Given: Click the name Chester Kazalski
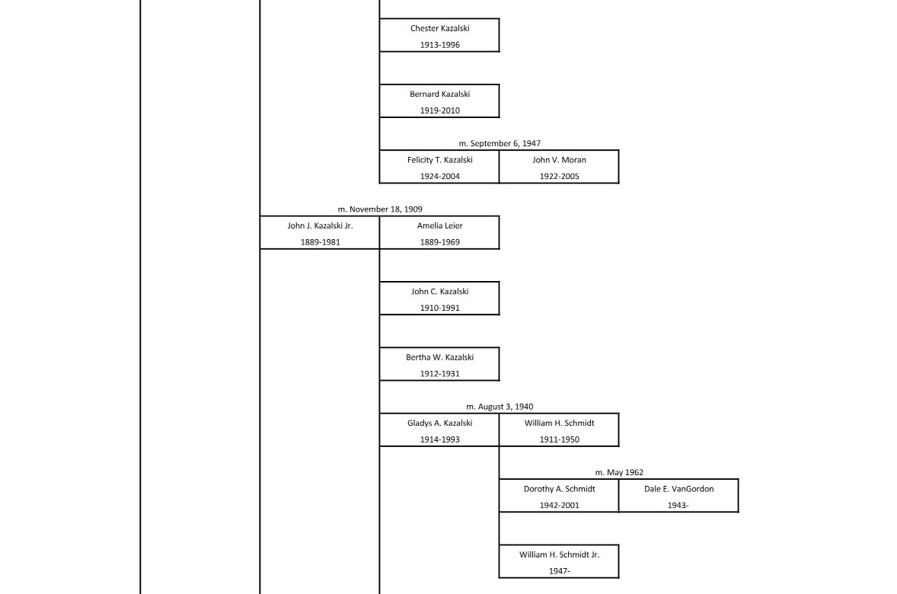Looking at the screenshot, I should tap(439, 28).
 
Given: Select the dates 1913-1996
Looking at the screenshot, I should tap(439, 45).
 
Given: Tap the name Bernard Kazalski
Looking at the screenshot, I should tap(439, 94).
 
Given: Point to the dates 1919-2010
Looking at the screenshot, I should tap(439, 110).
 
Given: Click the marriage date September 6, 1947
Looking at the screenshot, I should tap(500, 143).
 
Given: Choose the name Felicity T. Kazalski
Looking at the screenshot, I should tap(439, 160).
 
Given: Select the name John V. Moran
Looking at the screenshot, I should tap(559, 160).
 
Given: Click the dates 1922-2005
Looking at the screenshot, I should tap(559, 177).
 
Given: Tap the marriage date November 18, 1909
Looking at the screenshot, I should tap(380, 209).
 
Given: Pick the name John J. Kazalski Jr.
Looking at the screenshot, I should tap(320, 225).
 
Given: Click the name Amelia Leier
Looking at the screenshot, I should tap(439, 225).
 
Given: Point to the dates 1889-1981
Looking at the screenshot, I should tap(320, 242).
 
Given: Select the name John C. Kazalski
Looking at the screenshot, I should tap(439, 292).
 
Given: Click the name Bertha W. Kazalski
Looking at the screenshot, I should tap(439, 357).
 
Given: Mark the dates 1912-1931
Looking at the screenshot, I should tap(439, 374).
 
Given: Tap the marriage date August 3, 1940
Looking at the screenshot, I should tap(500, 407).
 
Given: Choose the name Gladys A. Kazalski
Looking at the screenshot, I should tap(439, 423).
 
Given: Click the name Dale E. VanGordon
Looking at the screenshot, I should tap(678, 489).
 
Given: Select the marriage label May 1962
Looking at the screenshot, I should tap(619, 472).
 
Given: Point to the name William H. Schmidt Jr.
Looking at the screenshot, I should tap(559, 554).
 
